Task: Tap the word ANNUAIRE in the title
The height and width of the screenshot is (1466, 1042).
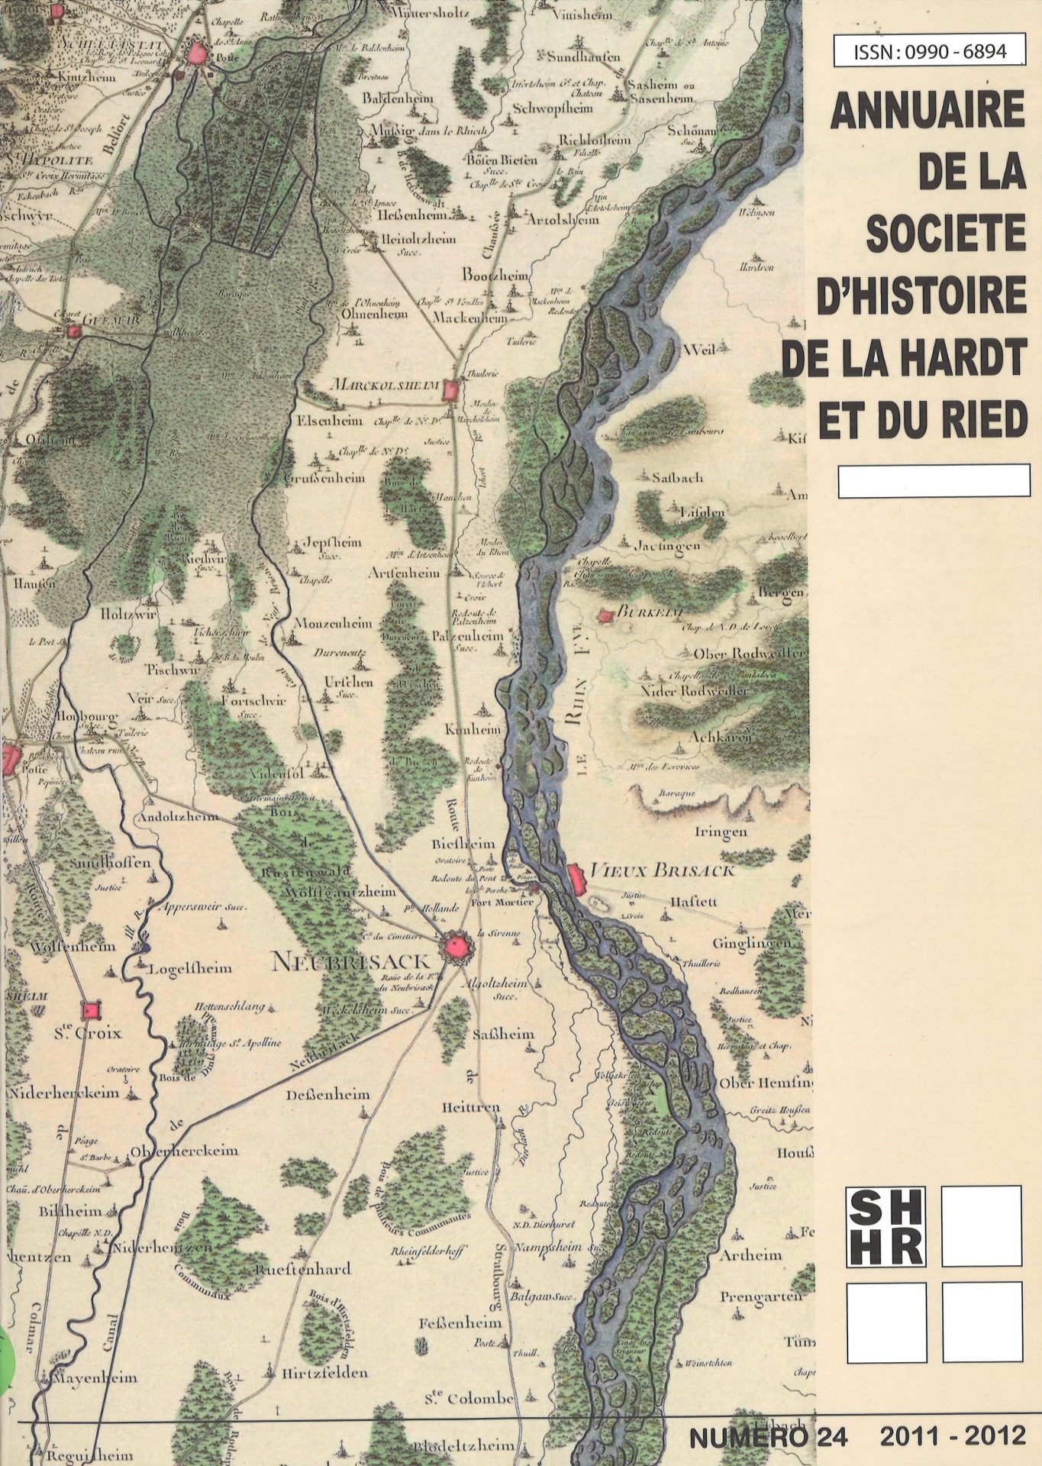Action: (x=927, y=111)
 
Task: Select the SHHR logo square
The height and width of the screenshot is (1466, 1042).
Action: (x=886, y=1225)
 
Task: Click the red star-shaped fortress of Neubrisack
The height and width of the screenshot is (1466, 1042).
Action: (x=456, y=949)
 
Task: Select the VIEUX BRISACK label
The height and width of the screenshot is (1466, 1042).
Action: (x=663, y=870)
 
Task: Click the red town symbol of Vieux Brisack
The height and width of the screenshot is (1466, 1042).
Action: (x=577, y=879)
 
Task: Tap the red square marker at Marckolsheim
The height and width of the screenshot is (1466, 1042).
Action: (x=450, y=391)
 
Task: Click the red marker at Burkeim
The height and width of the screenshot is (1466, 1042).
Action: (x=606, y=615)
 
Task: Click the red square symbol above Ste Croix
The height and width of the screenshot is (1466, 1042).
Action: (x=92, y=1010)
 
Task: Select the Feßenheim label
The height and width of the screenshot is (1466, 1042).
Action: (x=460, y=1322)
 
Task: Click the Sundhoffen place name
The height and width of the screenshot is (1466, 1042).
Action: (x=111, y=863)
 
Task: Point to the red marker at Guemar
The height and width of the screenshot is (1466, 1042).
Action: (x=74, y=331)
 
